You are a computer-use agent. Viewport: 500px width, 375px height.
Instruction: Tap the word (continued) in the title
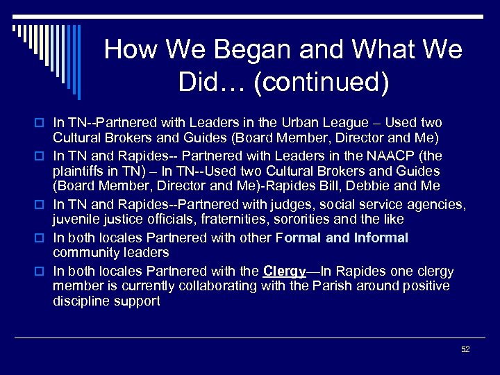(x=322, y=83)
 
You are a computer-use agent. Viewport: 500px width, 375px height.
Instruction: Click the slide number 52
(x=465, y=349)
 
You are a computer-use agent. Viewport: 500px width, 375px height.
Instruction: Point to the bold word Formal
(x=299, y=237)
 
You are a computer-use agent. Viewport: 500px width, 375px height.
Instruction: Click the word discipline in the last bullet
(x=80, y=301)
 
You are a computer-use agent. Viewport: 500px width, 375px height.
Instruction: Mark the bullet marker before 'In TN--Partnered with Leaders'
(x=41, y=123)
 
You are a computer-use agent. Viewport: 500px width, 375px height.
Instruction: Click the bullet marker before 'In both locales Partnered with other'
(x=41, y=238)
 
